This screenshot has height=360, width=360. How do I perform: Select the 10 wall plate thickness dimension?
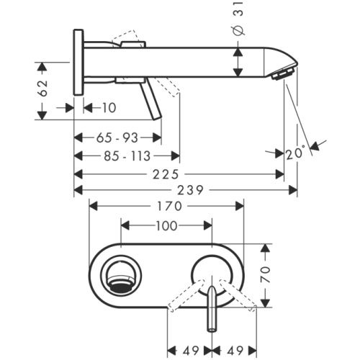(109, 108)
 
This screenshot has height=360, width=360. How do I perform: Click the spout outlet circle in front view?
(119, 274)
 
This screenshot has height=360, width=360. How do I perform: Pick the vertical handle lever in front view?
(212, 310)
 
